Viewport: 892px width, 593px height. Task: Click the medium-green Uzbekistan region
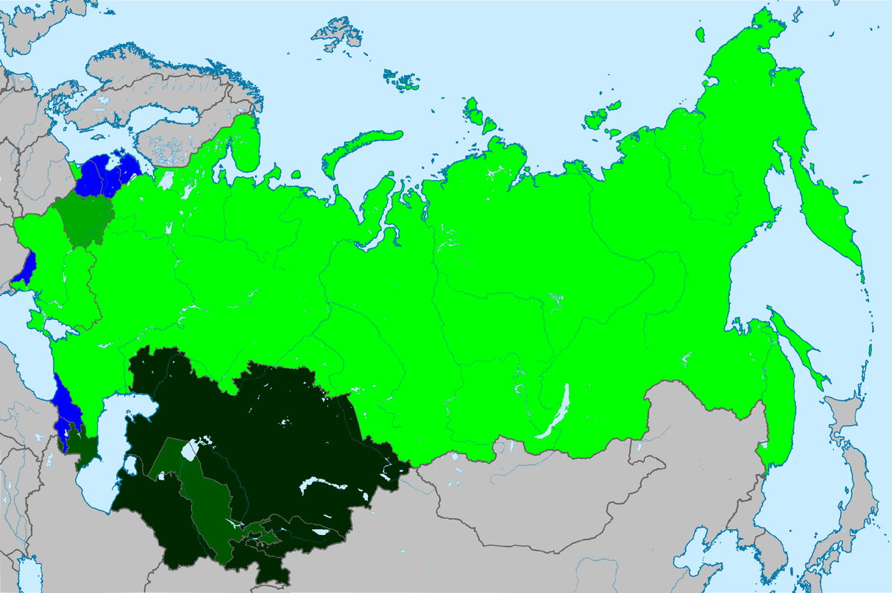pos(208,506)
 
